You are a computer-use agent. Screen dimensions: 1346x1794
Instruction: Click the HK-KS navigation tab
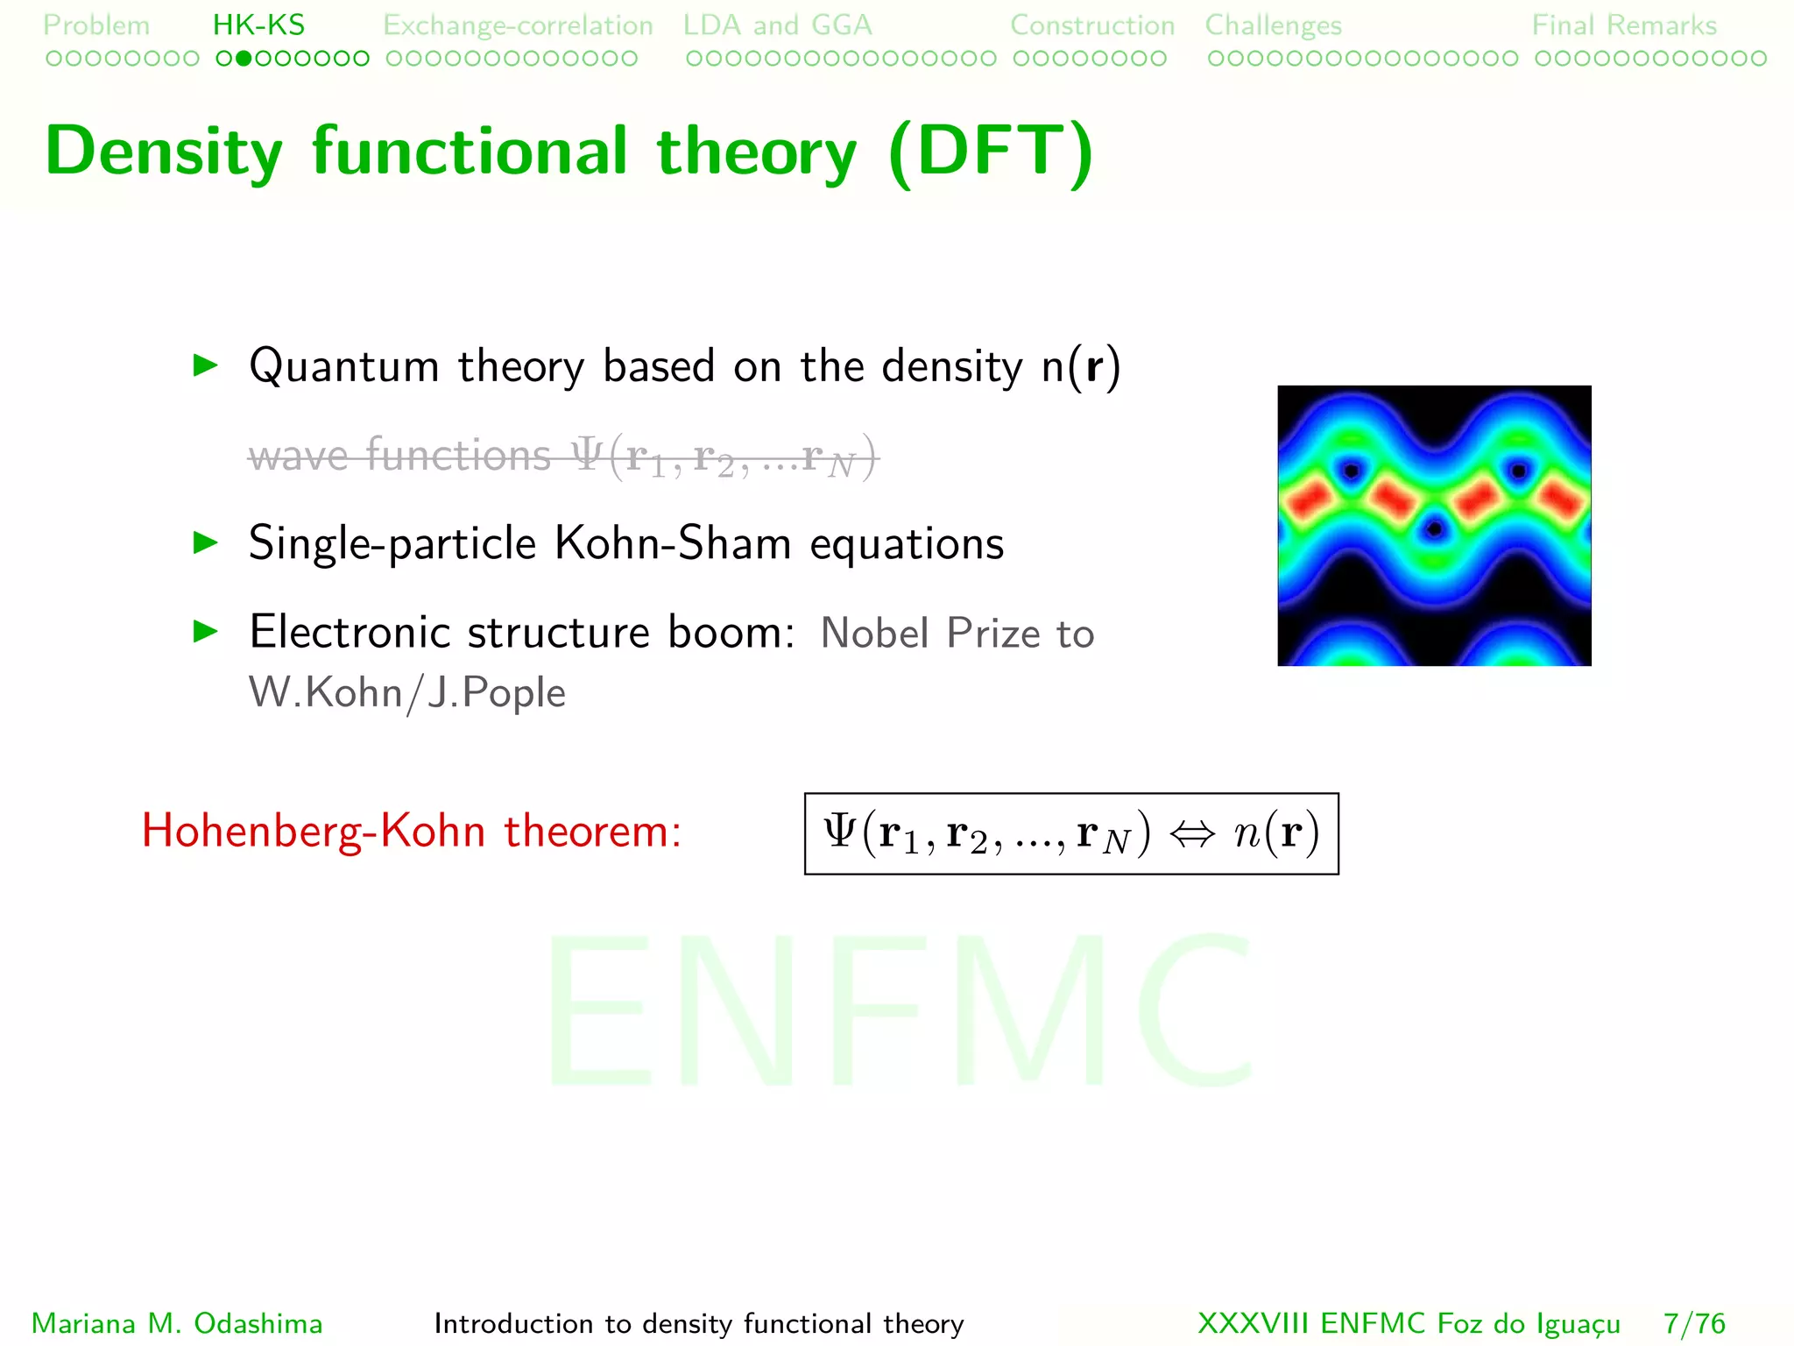[258, 25]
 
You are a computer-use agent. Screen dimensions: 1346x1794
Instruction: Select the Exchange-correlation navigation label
[518, 25]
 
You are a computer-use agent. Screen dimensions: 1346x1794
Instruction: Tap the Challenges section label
[1273, 25]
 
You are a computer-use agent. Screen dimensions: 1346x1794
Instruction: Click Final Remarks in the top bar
[1624, 25]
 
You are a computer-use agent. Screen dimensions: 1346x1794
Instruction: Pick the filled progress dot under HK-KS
[244, 59]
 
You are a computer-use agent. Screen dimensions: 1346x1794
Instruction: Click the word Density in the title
[164, 152]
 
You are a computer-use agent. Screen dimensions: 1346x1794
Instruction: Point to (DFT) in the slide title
[990, 152]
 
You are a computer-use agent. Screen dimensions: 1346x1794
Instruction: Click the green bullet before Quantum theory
[205, 365]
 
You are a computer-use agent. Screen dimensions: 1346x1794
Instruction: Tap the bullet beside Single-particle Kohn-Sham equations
[205, 543]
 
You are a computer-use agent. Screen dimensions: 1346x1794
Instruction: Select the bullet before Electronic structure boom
[205, 631]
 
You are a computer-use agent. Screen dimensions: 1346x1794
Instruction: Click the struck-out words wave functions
[399, 456]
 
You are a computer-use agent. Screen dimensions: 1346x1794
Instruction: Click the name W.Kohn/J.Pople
[407, 692]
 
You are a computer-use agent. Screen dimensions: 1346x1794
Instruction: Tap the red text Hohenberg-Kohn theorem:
[412, 831]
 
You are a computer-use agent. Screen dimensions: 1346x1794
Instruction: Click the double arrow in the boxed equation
[1192, 834]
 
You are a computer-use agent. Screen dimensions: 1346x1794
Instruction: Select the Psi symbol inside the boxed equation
[839, 831]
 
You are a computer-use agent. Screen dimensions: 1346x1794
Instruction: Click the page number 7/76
[1694, 1323]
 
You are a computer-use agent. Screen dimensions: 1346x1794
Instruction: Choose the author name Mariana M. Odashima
[177, 1323]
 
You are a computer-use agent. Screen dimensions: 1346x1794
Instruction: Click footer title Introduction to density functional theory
[698, 1323]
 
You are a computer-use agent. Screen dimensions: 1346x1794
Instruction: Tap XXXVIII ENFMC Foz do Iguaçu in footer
[1409, 1323]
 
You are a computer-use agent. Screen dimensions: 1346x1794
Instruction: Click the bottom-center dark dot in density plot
[1434, 529]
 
